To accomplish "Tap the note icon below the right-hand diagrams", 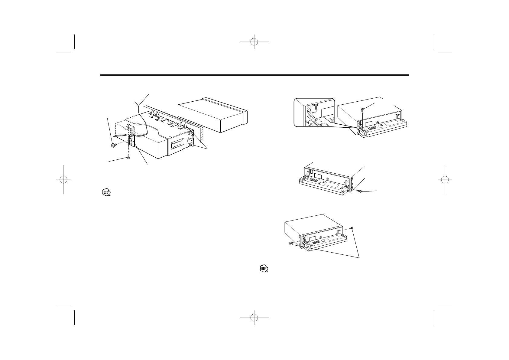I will click(264, 269).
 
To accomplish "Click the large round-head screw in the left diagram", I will click(114, 146).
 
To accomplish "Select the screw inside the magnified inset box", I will click(316, 106).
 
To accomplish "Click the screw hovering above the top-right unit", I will click(362, 110).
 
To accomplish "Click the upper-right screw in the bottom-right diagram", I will click(352, 228).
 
